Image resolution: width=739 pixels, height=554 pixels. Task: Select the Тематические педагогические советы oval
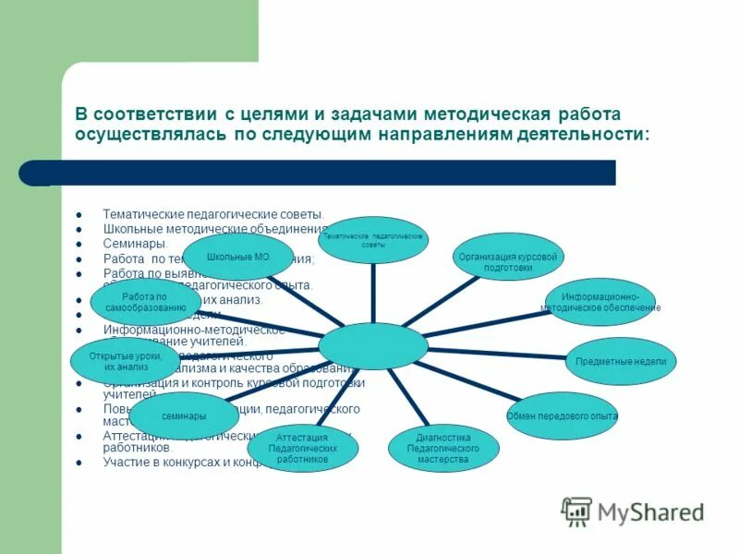tap(373, 240)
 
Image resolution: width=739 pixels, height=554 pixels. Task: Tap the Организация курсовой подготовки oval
tap(508, 261)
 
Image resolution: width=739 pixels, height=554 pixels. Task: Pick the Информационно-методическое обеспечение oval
tap(600, 301)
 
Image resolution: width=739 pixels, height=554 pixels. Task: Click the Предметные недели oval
tap(620, 361)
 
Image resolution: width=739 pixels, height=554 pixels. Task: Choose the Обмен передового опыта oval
tap(562, 416)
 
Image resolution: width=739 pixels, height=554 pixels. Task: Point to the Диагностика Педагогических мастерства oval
tap(443, 448)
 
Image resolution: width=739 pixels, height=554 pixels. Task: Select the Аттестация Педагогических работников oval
tap(303, 447)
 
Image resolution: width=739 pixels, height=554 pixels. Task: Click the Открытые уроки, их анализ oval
tap(126, 361)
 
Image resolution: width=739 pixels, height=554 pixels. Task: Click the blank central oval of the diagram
tap(373, 346)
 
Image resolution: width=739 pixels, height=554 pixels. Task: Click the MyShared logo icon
tap(577, 511)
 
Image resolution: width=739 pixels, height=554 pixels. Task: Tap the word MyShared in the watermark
tap(650, 512)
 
